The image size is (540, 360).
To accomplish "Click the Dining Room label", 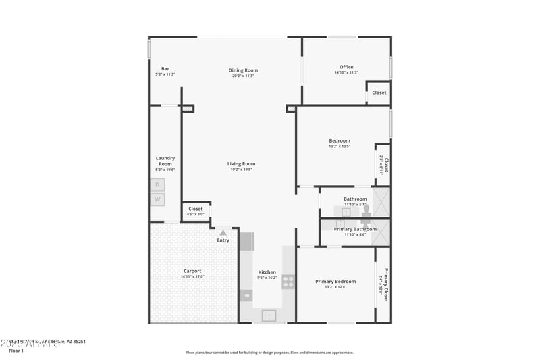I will (x=243, y=70).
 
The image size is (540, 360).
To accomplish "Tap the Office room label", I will (x=346, y=67).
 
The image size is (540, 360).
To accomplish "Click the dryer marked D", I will (x=157, y=184).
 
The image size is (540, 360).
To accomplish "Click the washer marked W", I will (x=157, y=199).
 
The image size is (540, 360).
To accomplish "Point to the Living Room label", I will (x=241, y=163).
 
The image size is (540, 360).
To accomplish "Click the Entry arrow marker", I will (x=223, y=233).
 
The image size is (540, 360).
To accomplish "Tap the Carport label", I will (x=192, y=271).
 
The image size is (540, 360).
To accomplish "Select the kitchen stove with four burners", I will (x=288, y=282).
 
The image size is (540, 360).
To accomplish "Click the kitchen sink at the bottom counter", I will (x=269, y=315).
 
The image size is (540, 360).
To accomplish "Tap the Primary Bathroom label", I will (x=355, y=229).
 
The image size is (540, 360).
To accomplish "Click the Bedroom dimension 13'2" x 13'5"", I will (x=340, y=146).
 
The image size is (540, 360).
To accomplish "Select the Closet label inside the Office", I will (x=379, y=93).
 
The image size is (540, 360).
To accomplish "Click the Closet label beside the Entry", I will (x=196, y=209).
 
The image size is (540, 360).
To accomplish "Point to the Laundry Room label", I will (x=165, y=161).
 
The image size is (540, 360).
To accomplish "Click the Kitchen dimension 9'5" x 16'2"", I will (x=267, y=278).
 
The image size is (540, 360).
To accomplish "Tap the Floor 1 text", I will (x=16, y=351).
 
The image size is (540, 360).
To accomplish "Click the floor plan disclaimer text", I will (x=270, y=352).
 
